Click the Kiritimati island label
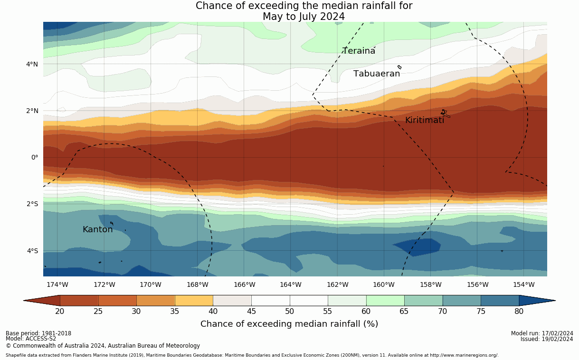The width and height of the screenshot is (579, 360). [425, 121]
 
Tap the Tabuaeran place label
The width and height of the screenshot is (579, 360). [377, 74]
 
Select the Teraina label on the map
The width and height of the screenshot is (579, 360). [359, 51]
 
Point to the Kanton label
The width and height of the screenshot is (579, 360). [98, 229]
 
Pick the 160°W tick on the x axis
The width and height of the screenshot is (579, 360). [384, 284]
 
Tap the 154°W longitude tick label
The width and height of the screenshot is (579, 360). [524, 284]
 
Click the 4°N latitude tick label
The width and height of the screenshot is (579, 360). [32, 64]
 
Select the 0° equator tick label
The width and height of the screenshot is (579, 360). [35, 157]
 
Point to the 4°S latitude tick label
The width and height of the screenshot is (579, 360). [32, 251]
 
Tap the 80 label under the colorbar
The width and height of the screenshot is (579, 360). [519, 312]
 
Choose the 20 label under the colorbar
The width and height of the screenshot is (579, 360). [60, 312]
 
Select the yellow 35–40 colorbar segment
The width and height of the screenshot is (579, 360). [194, 301]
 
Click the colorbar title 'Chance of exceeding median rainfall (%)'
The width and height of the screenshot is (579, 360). [289, 324]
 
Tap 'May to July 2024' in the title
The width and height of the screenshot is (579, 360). [304, 17]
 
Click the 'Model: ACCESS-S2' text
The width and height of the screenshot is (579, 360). [31, 339]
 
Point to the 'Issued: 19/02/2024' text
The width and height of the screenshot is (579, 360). [547, 339]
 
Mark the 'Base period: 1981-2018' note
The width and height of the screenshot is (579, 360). [38, 333]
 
